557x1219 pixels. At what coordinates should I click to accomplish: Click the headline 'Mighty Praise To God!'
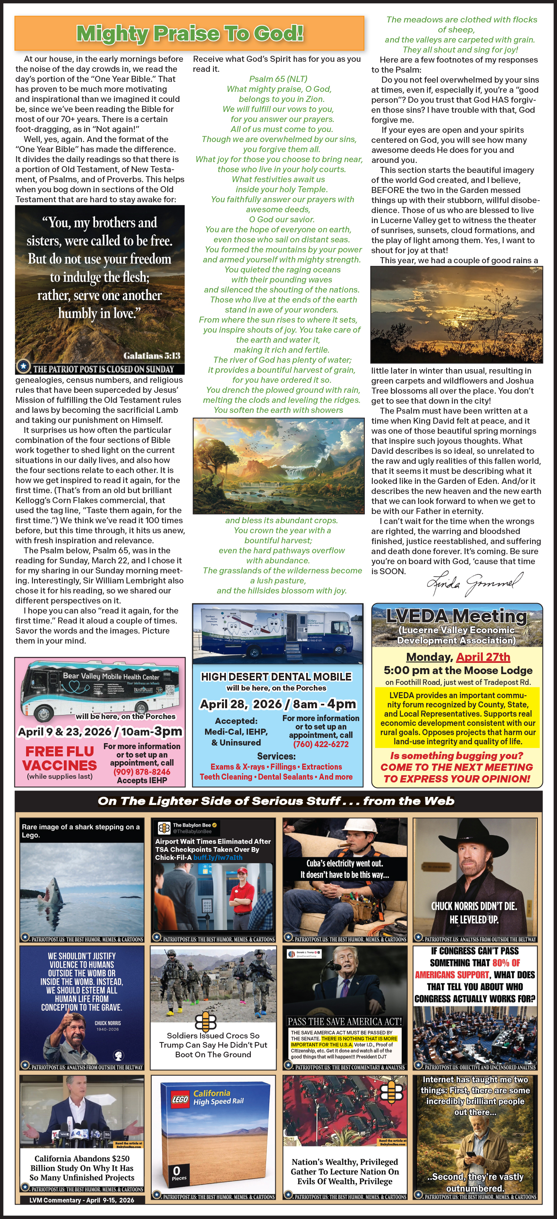click(x=189, y=34)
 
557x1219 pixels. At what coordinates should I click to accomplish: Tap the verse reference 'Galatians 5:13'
click(x=151, y=356)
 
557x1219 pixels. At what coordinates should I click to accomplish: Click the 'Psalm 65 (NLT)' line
click(x=278, y=79)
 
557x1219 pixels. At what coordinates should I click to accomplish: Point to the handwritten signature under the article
click(x=475, y=583)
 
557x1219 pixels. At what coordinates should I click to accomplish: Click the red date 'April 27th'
click(x=483, y=657)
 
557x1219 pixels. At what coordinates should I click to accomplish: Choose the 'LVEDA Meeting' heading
click(x=456, y=616)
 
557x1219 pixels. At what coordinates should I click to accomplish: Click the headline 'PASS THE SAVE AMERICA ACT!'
click(x=345, y=1021)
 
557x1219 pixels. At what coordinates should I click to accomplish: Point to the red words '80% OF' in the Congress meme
click(x=506, y=963)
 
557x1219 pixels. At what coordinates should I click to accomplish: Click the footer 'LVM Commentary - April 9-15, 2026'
click(x=81, y=1200)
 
